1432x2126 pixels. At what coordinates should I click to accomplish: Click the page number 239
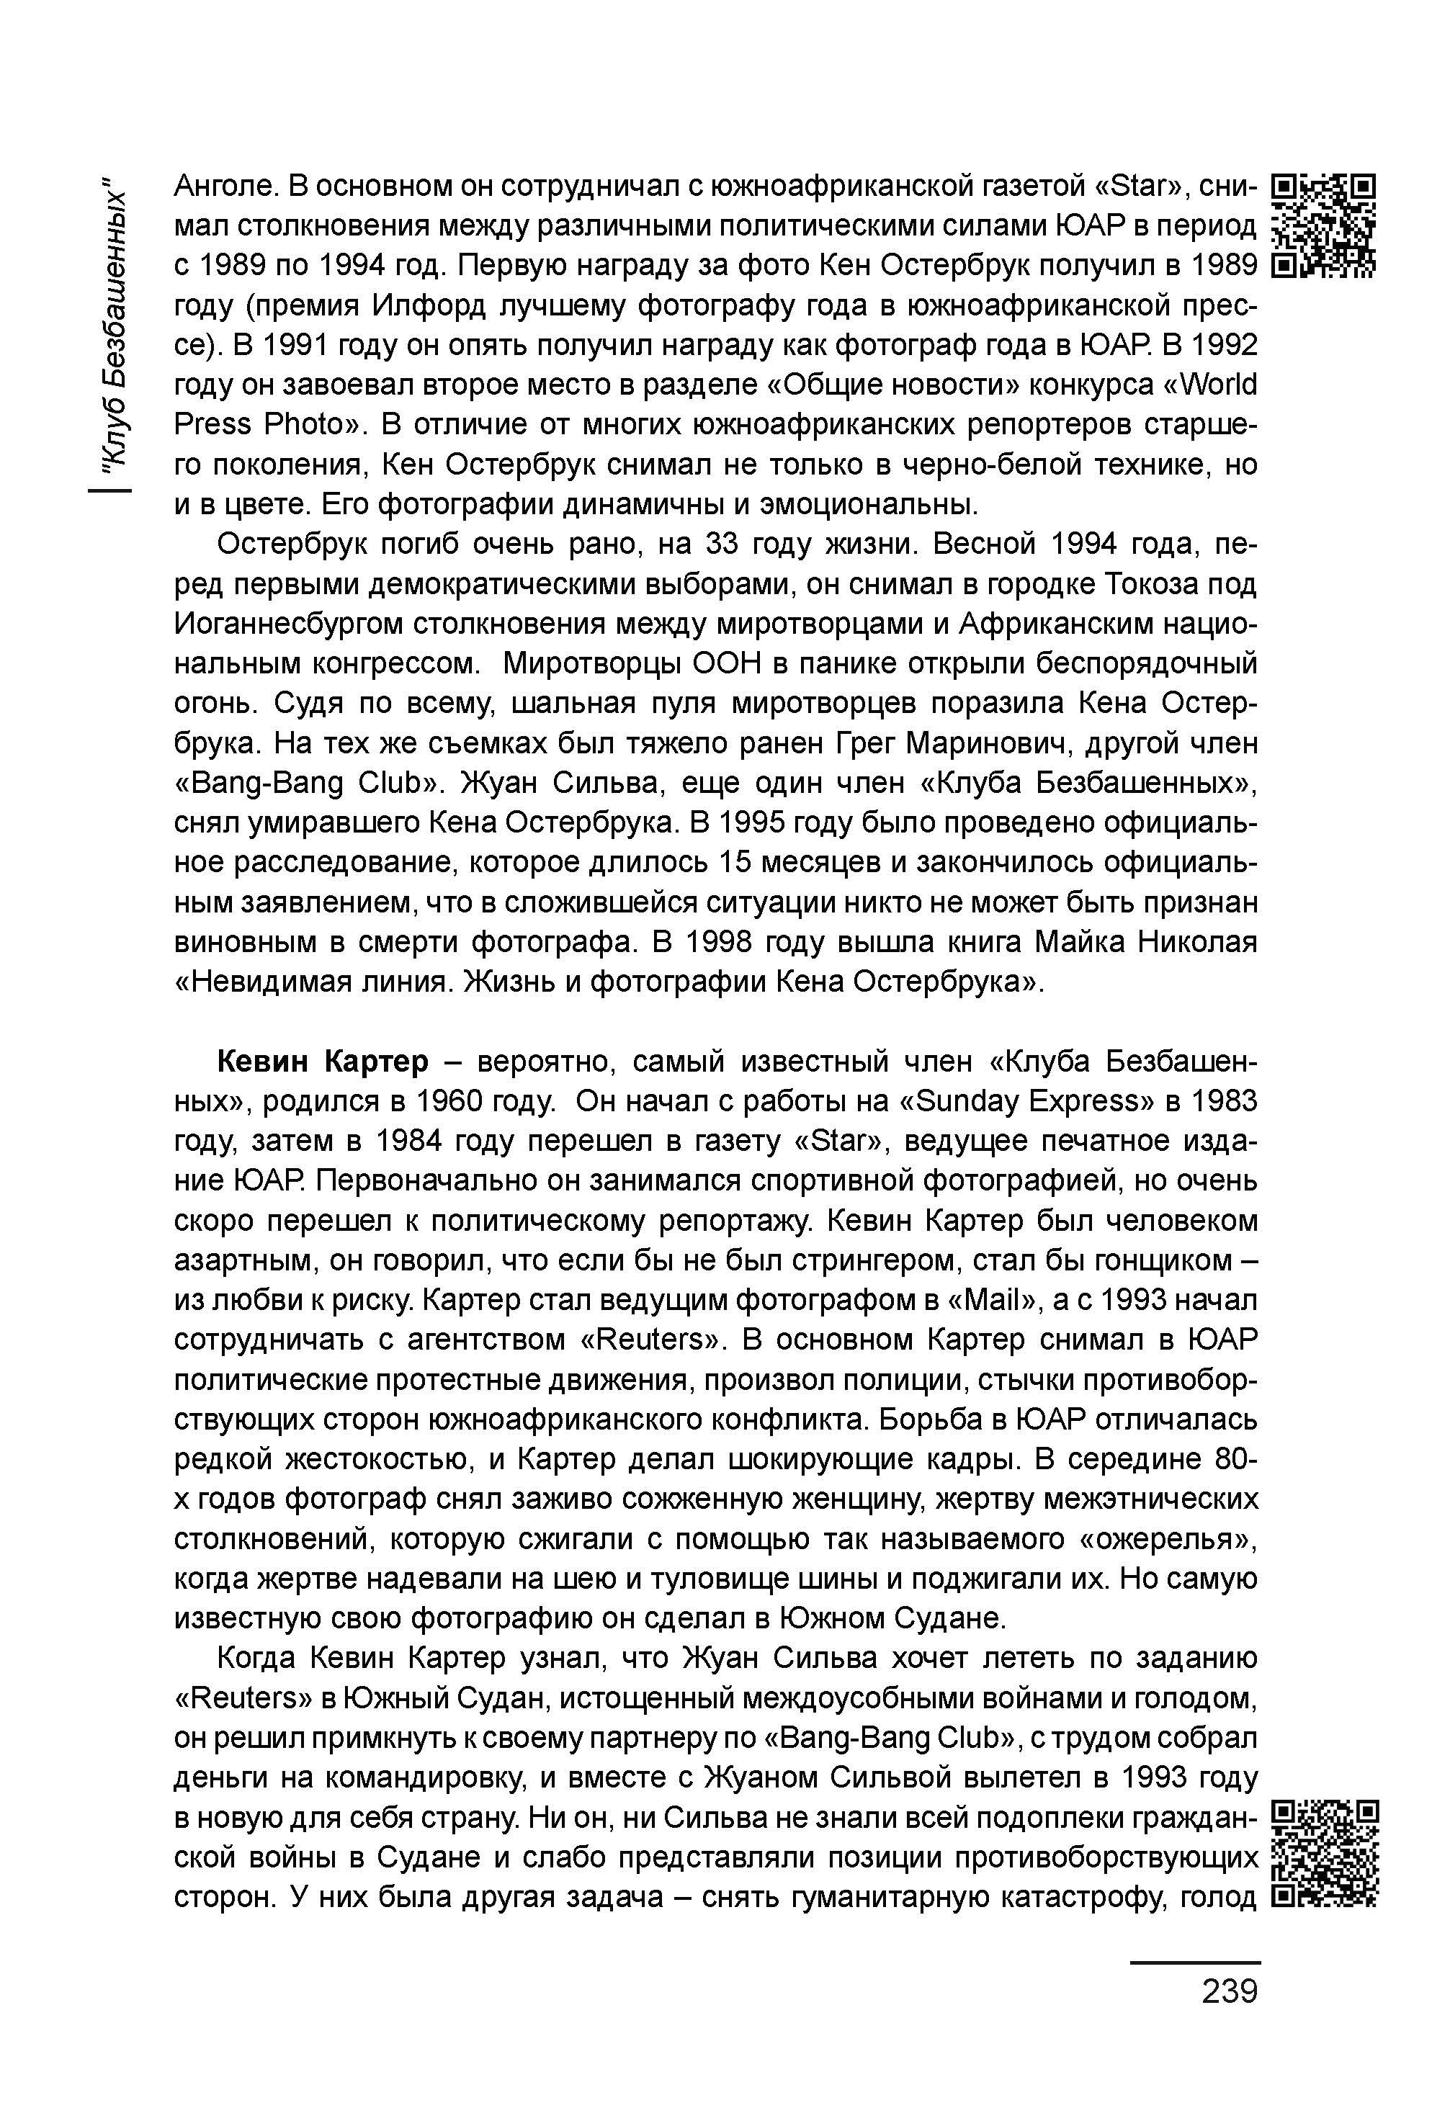tap(1230, 1991)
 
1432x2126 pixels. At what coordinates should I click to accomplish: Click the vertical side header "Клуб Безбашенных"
tap(113, 323)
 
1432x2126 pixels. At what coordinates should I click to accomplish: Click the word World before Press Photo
tap(1218, 385)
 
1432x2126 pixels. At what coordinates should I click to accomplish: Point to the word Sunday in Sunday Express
tap(964, 1102)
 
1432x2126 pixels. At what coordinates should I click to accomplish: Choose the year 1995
tap(758, 822)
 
